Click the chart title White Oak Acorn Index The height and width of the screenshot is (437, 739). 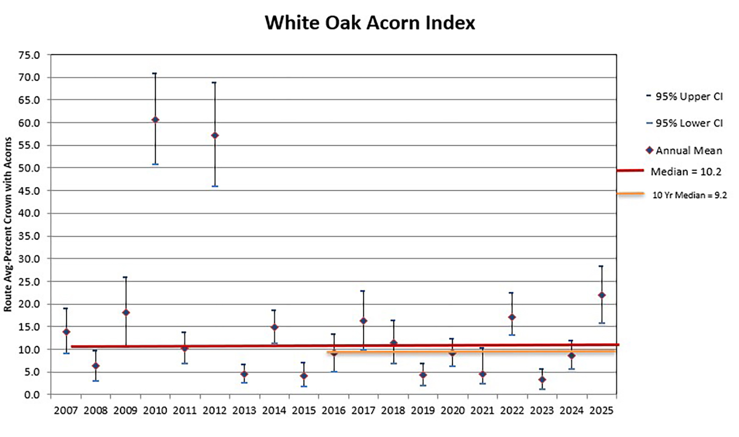coord(369,23)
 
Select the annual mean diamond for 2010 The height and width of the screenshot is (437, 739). coord(155,120)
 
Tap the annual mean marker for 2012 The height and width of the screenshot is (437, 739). coord(215,135)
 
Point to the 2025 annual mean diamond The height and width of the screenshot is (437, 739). coord(601,295)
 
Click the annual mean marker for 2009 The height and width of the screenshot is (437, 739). coord(126,313)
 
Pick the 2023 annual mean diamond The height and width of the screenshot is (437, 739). coord(542,380)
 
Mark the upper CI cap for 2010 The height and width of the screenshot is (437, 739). coord(155,73)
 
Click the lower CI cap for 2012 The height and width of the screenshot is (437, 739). coord(215,186)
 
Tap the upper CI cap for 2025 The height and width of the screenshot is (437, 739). coord(601,266)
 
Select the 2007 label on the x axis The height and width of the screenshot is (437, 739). coord(66,411)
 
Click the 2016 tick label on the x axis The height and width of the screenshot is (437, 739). coord(333,411)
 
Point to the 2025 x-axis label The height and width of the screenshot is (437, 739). coord(601,411)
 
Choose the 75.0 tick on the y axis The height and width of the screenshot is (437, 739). coord(29,55)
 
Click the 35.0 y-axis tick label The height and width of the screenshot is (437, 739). coord(29,236)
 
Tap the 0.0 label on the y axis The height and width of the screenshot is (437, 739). coord(32,395)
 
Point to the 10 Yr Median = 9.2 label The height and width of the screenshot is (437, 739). coord(689,196)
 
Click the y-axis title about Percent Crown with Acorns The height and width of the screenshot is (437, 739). coord(8,225)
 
